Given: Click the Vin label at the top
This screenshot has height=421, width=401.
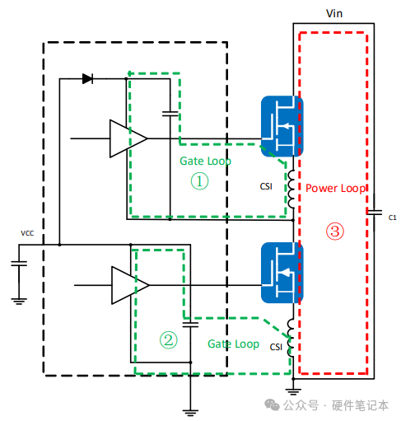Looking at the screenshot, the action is pyautogui.click(x=334, y=13).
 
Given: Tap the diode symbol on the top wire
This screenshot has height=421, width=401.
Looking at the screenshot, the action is pyautogui.click(x=87, y=79).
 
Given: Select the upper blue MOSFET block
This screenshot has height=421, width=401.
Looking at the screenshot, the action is pyautogui.click(x=282, y=126).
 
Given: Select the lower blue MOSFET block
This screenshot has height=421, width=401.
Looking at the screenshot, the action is pyautogui.click(x=282, y=273).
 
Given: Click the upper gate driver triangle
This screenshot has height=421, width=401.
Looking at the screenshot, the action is pyautogui.click(x=128, y=138).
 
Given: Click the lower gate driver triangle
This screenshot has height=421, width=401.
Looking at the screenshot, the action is pyautogui.click(x=130, y=285).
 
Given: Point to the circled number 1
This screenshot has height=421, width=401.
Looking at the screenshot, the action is pyautogui.click(x=199, y=181).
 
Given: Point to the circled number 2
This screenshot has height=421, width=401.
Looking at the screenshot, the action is pyautogui.click(x=169, y=340).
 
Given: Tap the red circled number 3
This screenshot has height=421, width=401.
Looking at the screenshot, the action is pyautogui.click(x=335, y=232).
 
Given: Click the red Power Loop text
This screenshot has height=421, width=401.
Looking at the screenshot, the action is pyautogui.click(x=335, y=189).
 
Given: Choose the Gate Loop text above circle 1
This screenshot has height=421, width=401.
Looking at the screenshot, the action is pyautogui.click(x=205, y=161).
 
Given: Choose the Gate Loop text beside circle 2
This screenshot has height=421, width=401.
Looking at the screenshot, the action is pyautogui.click(x=233, y=344).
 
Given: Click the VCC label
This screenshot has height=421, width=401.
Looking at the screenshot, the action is pyautogui.click(x=27, y=233).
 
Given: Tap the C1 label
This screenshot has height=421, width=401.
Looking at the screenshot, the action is pyautogui.click(x=393, y=218).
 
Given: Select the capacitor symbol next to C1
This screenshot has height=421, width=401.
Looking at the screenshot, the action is pyautogui.click(x=374, y=213).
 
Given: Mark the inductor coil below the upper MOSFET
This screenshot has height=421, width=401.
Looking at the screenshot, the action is pyautogui.click(x=291, y=189).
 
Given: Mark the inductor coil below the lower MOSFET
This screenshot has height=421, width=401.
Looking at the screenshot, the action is pyautogui.click(x=291, y=338).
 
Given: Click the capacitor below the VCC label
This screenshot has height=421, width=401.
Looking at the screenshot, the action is pyautogui.click(x=19, y=264).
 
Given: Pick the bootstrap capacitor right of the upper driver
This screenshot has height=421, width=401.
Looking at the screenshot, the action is pyautogui.click(x=170, y=114).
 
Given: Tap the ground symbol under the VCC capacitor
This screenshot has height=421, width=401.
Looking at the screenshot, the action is pyautogui.click(x=19, y=302).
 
